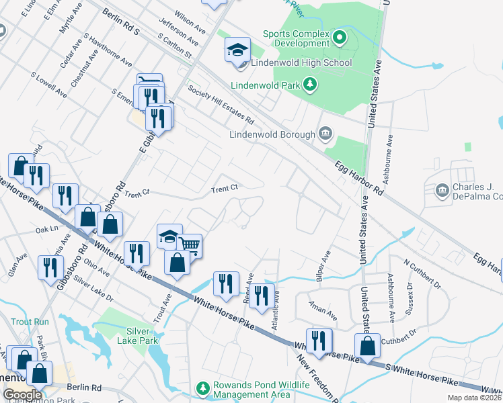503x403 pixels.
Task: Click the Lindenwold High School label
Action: coord(301,63)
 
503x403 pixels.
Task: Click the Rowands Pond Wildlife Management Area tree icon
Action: coord(202,389)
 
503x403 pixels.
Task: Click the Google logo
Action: coord(22,395)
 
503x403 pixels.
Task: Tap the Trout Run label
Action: coord(30,322)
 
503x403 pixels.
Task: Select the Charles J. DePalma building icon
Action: coord(442,191)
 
